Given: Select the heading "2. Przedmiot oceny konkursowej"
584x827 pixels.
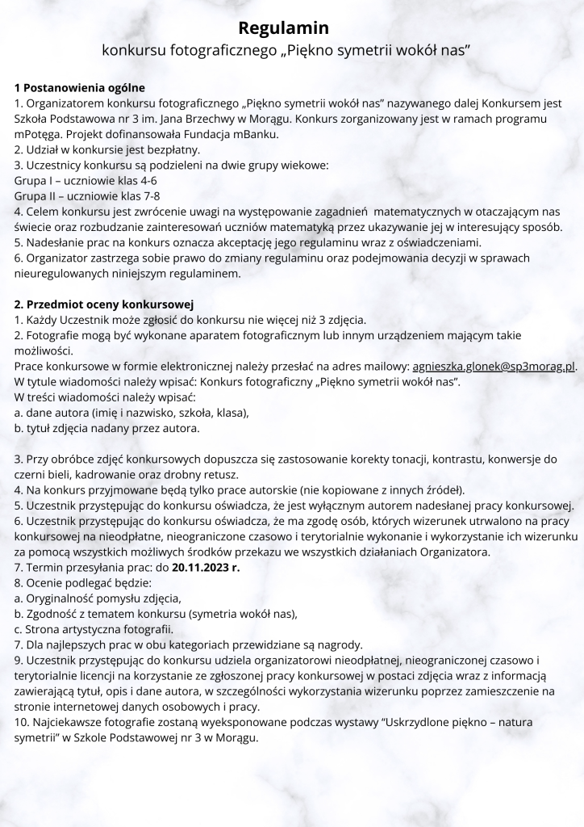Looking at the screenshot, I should coord(105,304).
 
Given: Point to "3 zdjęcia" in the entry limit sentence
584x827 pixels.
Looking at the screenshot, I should coord(342,320).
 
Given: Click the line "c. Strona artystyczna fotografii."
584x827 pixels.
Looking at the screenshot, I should coord(94,629).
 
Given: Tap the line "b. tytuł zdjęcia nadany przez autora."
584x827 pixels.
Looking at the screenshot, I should coord(107,428).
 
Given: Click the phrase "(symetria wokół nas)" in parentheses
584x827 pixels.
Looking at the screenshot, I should coord(242,614).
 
